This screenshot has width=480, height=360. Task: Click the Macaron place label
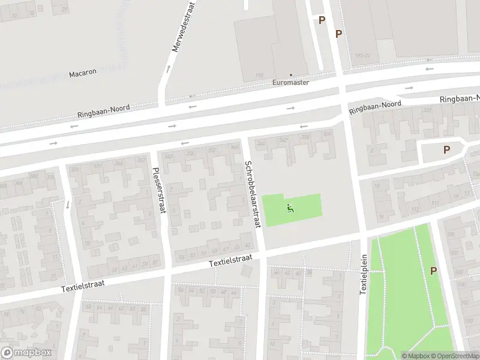pos(83,73)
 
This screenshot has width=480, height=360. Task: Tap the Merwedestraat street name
pos(176,27)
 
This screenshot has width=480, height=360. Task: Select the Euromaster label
pos(291,83)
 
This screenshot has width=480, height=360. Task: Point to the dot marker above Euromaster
pos(291,75)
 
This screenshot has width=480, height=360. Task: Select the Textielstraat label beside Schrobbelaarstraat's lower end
pos(227,262)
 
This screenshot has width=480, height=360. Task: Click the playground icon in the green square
pos(290,209)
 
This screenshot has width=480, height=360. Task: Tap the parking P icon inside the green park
pos(433,271)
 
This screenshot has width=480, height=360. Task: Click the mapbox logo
pos(26,353)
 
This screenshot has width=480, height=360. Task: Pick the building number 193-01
pos(362,56)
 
